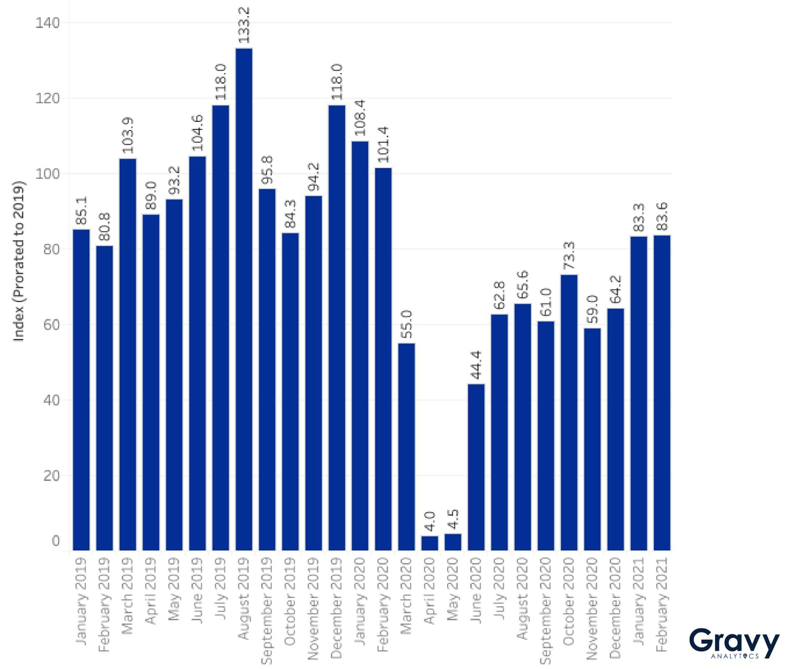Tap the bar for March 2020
(x=407, y=447)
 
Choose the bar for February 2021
(x=662, y=393)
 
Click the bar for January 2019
(x=81, y=390)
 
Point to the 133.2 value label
(x=244, y=25)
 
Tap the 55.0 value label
(x=407, y=324)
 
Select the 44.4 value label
(x=476, y=365)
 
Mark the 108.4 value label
(x=360, y=118)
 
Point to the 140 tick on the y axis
(x=48, y=23)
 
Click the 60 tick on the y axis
(x=51, y=325)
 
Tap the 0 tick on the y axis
(x=55, y=541)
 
